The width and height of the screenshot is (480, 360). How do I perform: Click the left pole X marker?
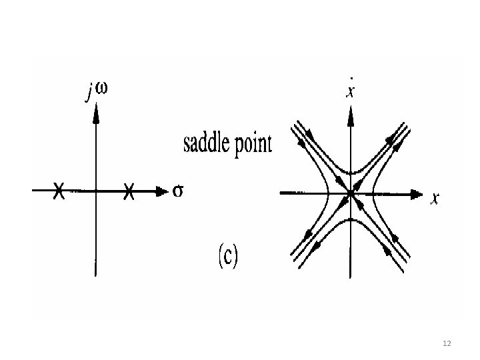[59, 191]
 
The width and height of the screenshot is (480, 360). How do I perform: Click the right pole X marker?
[129, 191]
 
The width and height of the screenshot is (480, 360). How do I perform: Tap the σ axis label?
[178, 191]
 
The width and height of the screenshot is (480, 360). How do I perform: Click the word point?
[254, 145]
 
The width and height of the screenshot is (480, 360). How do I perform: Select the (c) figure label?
[226, 255]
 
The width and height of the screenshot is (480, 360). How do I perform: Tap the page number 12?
[447, 343]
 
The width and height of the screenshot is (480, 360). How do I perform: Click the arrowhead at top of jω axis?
[96, 114]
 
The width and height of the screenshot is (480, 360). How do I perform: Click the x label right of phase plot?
[435, 198]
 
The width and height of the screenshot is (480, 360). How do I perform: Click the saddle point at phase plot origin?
[350, 194]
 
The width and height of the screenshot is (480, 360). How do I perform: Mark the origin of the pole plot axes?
[96, 191]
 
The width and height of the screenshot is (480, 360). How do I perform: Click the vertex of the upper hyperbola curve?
[350, 173]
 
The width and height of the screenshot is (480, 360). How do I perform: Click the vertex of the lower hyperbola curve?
[350, 218]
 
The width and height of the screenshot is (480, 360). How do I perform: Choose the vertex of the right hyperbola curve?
[374, 194]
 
